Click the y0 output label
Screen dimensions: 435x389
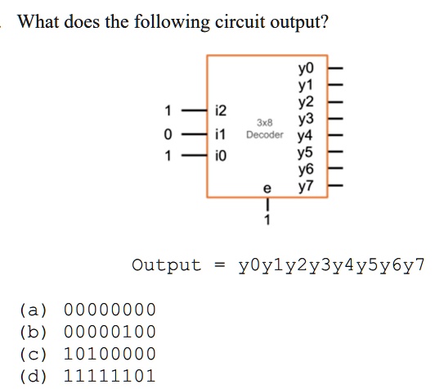(x=306, y=69)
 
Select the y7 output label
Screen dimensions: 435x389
(x=306, y=187)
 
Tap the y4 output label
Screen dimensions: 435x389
(x=305, y=136)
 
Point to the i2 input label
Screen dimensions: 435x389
(x=221, y=111)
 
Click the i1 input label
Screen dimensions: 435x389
(x=220, y=134)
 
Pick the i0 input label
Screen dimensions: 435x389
(x=221, y=156)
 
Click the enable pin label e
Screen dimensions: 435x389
(x=267, y=188)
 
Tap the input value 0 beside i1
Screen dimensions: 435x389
(x=168, y=134)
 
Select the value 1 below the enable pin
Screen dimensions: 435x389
(x=267, y=219)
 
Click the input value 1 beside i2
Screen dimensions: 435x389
(x=168, y=111)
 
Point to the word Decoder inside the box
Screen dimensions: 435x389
(x=265, y=135)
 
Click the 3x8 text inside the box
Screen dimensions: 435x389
(x=265, y=123)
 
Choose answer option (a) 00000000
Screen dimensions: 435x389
(x=87, y=310)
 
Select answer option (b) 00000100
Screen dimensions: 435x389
(x=87, y=332)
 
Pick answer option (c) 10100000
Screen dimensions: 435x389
(x=87, y=354)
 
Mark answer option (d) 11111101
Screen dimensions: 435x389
(x=87, y=376)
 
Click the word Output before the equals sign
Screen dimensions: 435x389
(x=167, y=265)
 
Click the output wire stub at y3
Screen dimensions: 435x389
(x=336, y=119)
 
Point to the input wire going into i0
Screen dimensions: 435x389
(x=195, y=156)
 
